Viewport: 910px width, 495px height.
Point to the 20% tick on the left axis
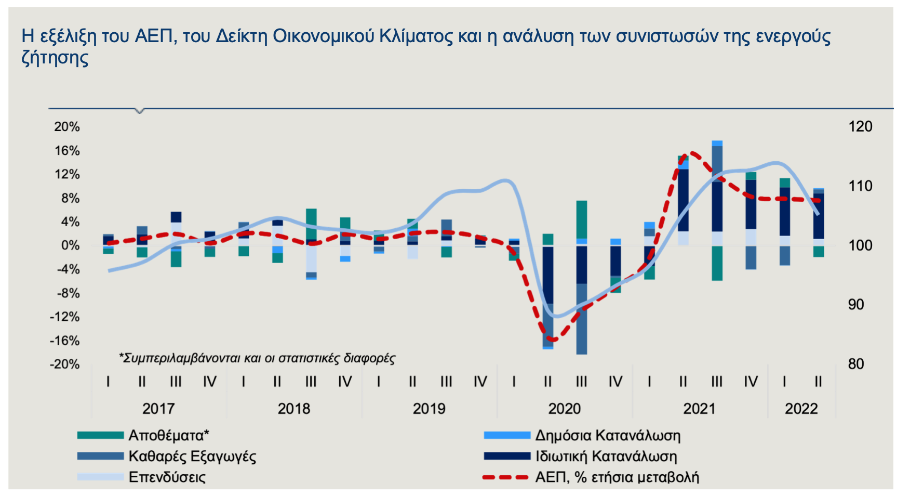point(67,127)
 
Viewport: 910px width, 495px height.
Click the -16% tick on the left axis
point(65,341)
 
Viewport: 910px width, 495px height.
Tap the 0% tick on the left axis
point(70,245)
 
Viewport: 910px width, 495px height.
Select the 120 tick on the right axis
point(860,127)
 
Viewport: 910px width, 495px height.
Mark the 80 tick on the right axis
point(856,364)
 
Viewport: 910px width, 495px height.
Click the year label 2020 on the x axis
point(564,409)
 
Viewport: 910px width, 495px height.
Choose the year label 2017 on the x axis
point(158,409)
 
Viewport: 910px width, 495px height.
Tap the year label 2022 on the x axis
point(801,409)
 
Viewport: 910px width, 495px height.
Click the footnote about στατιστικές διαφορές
point(257,358)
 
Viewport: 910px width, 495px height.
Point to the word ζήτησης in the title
point(55,57)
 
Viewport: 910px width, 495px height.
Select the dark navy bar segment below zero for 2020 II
point(548,275)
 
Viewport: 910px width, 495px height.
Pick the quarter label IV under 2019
point(480,382)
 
